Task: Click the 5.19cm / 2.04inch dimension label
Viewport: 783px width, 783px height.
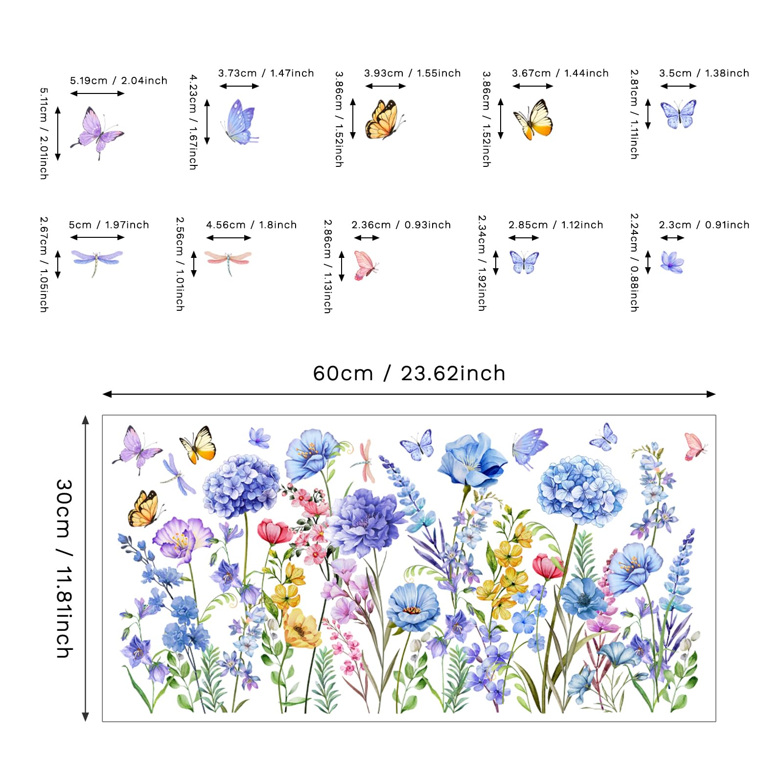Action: point(118,80)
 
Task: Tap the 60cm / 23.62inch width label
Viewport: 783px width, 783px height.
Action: point(409,373)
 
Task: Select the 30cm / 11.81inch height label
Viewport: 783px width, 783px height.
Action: point(64,568)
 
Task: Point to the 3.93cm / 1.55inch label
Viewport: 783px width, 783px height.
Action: point(412,73)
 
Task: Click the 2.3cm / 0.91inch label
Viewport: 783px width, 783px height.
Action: point(704,225)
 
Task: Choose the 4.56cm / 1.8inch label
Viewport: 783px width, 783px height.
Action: point(251,225)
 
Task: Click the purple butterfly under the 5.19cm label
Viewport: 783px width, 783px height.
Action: point(97,132)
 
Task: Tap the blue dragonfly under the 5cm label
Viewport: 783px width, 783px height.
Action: point(97,262)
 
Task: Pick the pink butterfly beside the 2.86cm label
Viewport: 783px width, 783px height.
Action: point(366,265)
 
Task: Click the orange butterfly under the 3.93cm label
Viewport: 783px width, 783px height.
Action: point(385,120)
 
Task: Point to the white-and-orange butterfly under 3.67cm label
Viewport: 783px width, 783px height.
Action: point(533,120)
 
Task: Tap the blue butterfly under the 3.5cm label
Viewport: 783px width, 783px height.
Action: point(678,114)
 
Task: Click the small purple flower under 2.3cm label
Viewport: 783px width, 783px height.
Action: point(672,262)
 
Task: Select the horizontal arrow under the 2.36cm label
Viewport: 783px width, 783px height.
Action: point(367,238)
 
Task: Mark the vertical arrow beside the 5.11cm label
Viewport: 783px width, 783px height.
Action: point(58,134)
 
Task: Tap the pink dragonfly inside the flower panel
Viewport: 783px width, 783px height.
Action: point(363,460)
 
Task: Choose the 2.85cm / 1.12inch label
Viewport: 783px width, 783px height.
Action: point(555,225)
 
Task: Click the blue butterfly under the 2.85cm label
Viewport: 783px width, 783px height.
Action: point(524,262)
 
